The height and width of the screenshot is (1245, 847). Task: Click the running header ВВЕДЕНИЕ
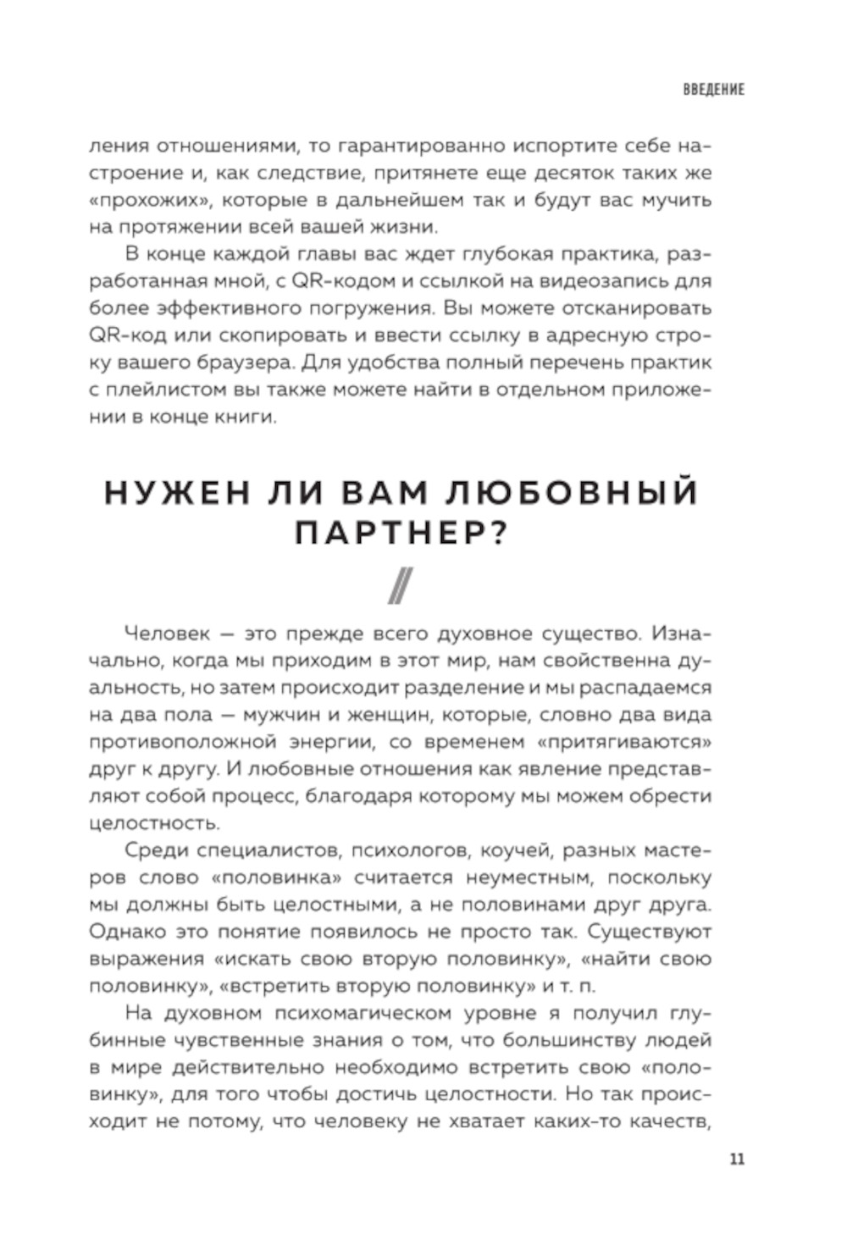(713, 90)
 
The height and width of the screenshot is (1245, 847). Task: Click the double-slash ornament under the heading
(400, 585)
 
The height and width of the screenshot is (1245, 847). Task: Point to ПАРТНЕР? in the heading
(401, 534)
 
